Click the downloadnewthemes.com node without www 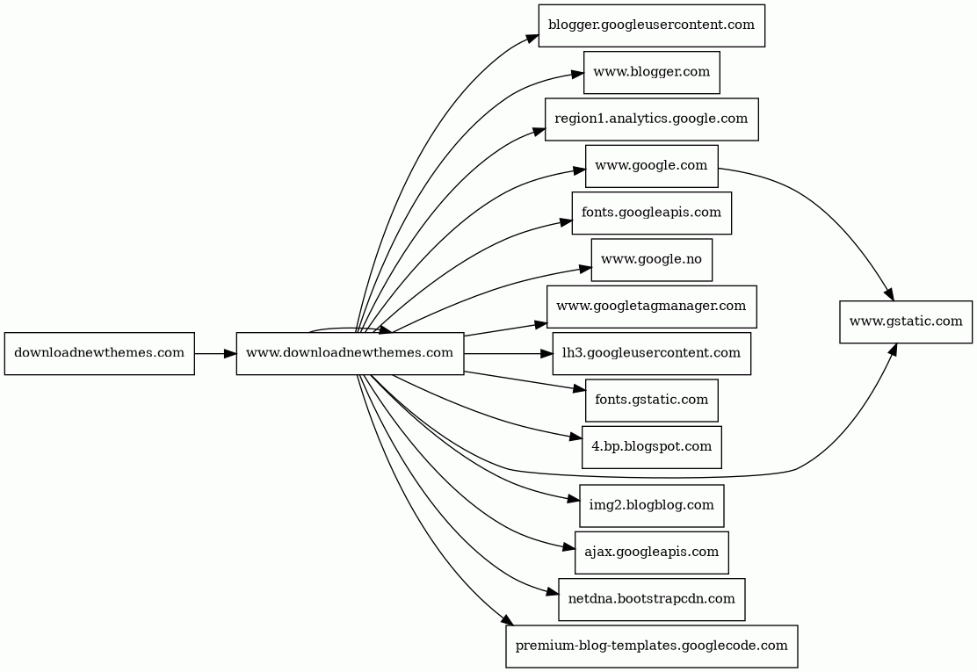pos(99,354)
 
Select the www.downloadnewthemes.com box pos(350,354)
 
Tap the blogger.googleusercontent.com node pos(651,25)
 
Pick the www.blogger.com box pos(651,72)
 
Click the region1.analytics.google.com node pos(651,119)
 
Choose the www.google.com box pos(651,166)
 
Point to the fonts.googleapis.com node pos(651,213)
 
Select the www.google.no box pos(651,260)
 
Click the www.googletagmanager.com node pos(651,307)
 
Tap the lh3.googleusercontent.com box pos(651,354)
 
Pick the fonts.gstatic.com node pos(651,401)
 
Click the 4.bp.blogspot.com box pos(651,447)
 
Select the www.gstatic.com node pos(905,322)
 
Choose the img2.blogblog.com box pos(651,505)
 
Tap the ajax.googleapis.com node pos(651,553)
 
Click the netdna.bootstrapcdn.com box pos(651,599)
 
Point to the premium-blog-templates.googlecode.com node pos(651,646)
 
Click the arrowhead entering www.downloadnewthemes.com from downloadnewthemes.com pos(230,354)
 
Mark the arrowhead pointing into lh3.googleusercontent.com pos(546,354)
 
